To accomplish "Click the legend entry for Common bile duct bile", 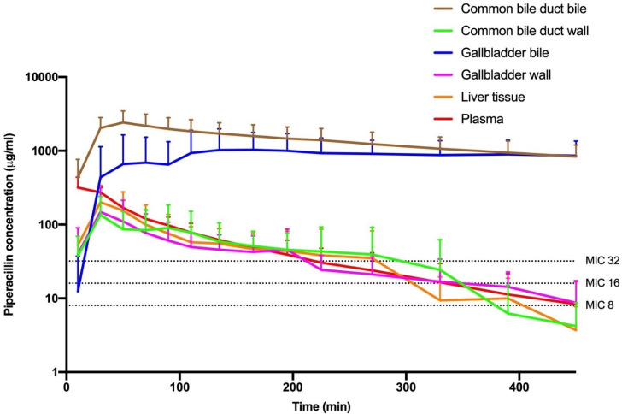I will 530,9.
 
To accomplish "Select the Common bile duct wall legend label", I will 530,32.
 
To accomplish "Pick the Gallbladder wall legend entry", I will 505,75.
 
